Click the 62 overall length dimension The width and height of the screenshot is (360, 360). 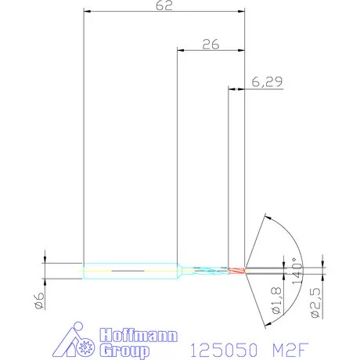tap(164, 5)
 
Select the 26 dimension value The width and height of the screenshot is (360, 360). tap(210, 45)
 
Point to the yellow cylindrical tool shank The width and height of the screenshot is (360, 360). tap(129, 271)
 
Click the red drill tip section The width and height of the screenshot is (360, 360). tap(237, 271)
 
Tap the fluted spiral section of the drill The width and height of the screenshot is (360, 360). tap(206, 271)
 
